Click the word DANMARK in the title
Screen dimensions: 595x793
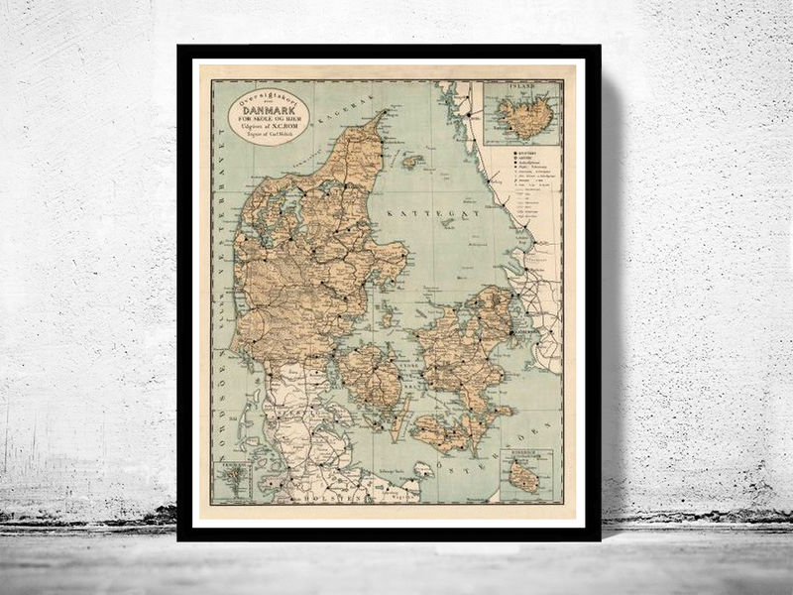pos(269,110)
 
